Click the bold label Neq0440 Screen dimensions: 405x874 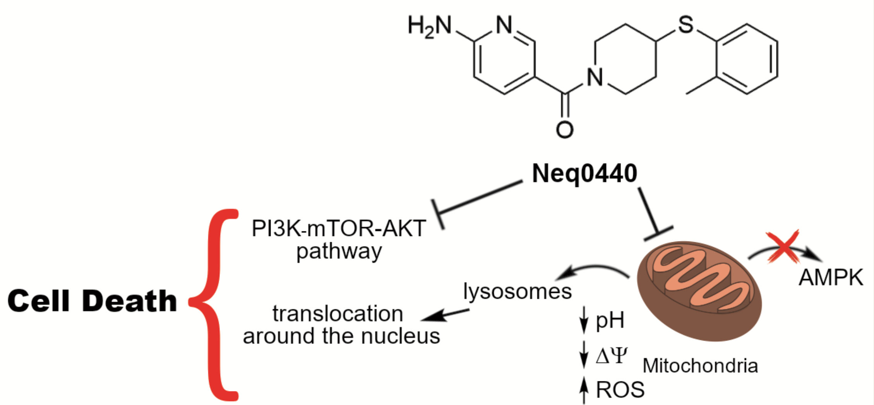(x=584, y=173)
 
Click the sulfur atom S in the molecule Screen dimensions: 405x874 (x=685, y=24)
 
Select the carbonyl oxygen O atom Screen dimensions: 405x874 (x=564, y=130)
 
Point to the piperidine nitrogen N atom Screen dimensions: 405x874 (x=595, y=77)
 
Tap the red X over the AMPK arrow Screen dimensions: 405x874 (x=783, y=247)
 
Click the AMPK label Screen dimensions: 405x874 (x=831, y=277)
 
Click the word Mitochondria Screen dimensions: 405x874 (x=700, y=366)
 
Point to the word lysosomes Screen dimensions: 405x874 (x=517, y=291)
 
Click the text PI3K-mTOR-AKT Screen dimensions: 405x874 (x=339, y=228)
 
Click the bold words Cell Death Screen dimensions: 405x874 (x=92, y=301)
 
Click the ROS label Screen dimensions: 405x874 (x=620, y=389)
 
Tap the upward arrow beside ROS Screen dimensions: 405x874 (x=584, y=391)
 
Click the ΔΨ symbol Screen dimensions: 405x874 (x=611, y=355)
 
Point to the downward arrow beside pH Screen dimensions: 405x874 (x=584, y=320)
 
